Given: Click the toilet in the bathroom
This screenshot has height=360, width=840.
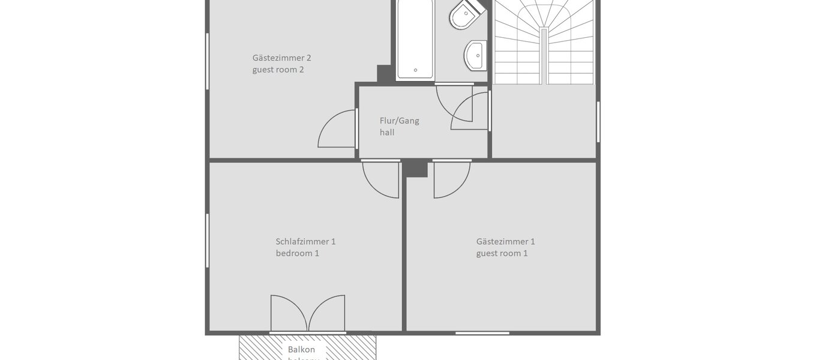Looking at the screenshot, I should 466,15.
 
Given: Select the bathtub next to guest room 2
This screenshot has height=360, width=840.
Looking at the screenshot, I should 415,39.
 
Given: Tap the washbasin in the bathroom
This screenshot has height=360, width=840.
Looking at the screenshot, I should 476,55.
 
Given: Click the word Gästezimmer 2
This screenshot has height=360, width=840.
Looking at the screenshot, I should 281,58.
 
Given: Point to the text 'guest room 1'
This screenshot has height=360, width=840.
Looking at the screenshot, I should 502,253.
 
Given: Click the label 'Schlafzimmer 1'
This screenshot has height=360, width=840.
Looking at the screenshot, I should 305,242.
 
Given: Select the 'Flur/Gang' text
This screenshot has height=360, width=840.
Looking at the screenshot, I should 399,121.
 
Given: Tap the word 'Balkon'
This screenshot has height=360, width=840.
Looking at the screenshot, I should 301,349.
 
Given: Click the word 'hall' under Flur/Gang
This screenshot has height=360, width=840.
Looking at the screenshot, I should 387,132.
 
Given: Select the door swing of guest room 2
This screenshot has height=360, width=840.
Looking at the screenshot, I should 338,130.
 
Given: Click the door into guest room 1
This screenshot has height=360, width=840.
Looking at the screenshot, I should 451,179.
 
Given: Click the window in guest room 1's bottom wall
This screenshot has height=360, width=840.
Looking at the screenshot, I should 482,332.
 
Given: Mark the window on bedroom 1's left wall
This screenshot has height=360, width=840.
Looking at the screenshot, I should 207,240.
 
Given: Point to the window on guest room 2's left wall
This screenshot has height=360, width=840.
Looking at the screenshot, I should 207,61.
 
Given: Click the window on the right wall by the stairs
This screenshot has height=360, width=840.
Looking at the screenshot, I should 598,122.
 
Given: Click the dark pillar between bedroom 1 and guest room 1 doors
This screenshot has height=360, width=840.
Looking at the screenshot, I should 415,168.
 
